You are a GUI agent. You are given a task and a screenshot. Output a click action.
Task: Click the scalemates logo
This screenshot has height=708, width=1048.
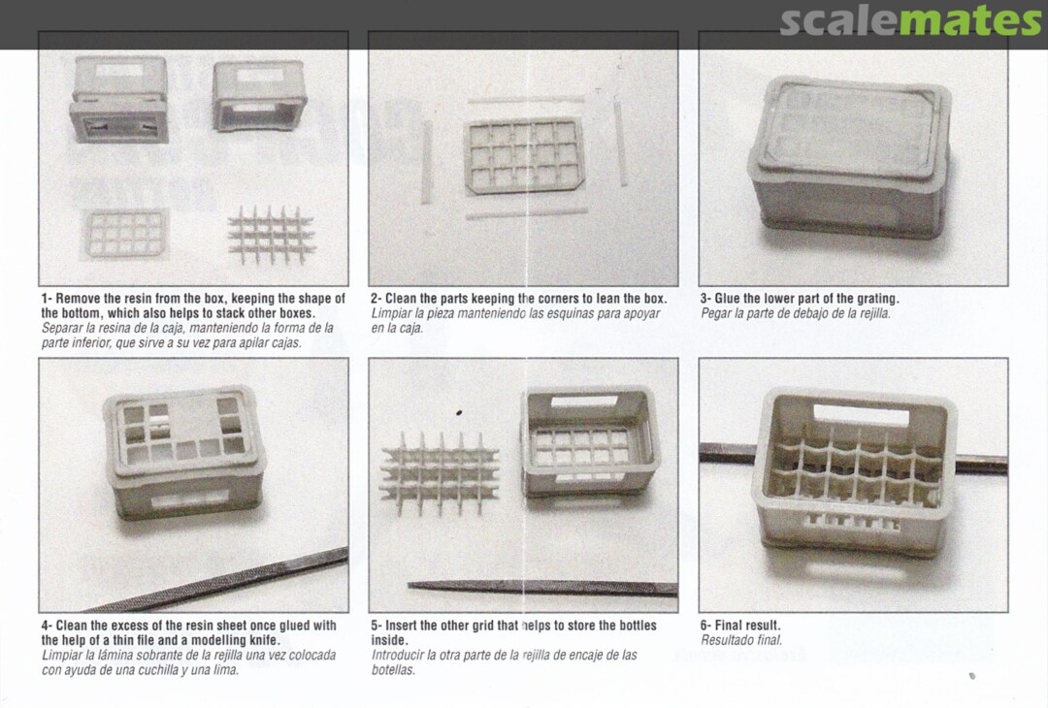(910, 21)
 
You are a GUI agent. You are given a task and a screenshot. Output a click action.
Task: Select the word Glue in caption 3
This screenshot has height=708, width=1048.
(728, 299)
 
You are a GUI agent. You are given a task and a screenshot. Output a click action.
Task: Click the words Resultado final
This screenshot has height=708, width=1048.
(741, 640)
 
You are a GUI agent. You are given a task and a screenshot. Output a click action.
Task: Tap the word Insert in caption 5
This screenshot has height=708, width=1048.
(403, 626)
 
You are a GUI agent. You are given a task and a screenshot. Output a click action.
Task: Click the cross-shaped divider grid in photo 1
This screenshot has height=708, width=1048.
(271, 235)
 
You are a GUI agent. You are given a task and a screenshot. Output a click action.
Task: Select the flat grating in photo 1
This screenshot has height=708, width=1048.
(125, 233)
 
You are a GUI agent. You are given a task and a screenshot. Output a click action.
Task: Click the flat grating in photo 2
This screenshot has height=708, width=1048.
(524, 155)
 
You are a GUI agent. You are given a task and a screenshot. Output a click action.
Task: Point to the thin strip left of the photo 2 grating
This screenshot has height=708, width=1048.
(426, 162)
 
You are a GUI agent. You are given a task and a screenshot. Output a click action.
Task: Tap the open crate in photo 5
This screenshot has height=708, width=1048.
(590, 442)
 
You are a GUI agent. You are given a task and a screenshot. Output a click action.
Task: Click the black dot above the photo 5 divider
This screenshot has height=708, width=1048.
(459, 413)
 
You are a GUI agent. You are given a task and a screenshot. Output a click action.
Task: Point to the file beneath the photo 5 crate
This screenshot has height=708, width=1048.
(542, 588)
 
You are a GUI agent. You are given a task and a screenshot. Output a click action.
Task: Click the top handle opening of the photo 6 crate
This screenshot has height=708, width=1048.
(861, 415)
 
